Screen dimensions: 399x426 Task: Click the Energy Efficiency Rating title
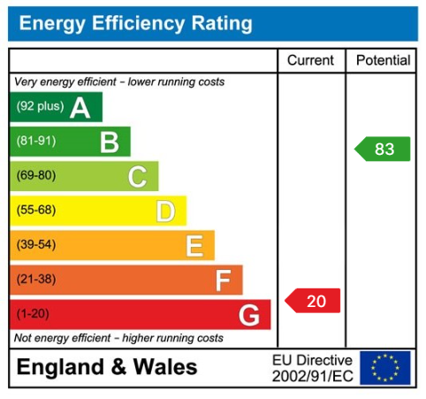pos(134,24)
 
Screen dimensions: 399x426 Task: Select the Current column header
pos(311,61)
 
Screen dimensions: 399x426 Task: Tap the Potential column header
pos(383,61)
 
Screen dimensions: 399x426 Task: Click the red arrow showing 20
pos(313,301)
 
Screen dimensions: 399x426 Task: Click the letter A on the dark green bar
pos(80,108)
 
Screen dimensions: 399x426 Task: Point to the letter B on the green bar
pos(109,142)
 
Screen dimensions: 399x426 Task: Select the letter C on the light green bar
pos(137,177)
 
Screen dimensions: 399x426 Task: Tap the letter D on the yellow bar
pos(165,211)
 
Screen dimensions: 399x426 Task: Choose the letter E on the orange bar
pos(194,246)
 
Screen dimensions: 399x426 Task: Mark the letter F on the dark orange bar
pos(223,280)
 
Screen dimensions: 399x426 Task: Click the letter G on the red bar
pos(249,315)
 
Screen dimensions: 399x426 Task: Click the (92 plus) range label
pos(40,108)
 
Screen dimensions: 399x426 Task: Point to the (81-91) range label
pos(35,142)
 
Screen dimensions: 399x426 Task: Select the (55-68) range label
pos(35,211)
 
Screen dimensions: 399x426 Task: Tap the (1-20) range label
pos(33,314)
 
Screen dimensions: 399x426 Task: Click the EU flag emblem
pos(384,367)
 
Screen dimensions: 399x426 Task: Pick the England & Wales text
pos(107,367)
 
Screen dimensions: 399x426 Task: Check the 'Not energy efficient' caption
pos(119,338)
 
